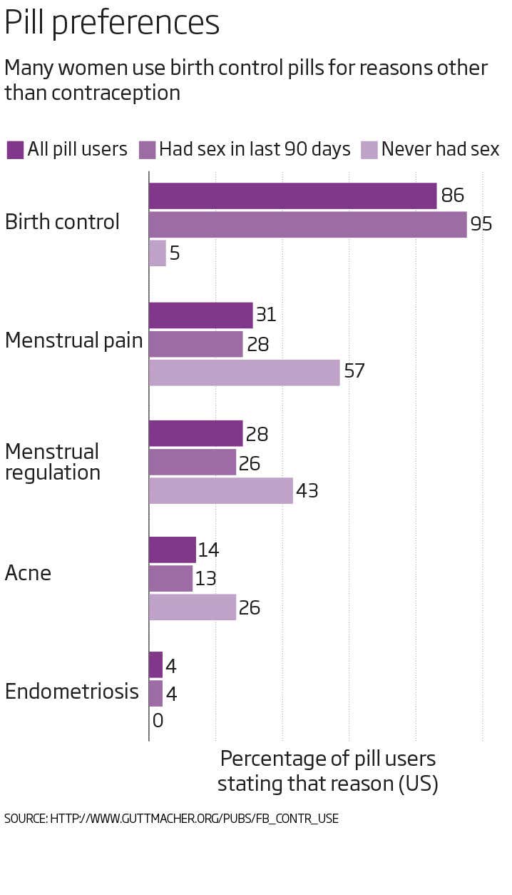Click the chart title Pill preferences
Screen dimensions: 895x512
pos(112,23)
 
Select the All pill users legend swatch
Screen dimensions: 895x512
pos(15,150)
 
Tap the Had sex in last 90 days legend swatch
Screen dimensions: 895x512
pos(147,150)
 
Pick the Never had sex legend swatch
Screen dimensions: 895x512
pos(369,150)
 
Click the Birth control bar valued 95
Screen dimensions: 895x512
pos(307,224)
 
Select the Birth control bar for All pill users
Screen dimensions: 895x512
pos(292,196)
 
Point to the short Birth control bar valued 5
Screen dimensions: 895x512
pos(157,253)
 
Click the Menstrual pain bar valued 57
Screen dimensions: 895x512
pos(244,373)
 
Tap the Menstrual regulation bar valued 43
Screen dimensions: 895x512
pos(220,491)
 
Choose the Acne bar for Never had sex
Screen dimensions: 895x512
pos(192,607)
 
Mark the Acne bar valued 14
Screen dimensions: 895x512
pos(172,550)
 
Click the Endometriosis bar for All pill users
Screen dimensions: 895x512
pos(155,665)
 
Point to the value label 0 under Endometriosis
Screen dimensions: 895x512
pos(158,722)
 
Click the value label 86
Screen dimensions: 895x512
pos(452,196)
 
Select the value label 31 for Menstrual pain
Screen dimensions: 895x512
pos(265,315)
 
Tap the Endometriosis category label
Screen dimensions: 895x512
pos(71,692)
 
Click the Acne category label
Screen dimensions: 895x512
pos(28,573)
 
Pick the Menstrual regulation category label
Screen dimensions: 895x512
pos(52,462)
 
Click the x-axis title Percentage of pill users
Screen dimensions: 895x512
pos(327,771)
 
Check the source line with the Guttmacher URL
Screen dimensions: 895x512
pos(171,819)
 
